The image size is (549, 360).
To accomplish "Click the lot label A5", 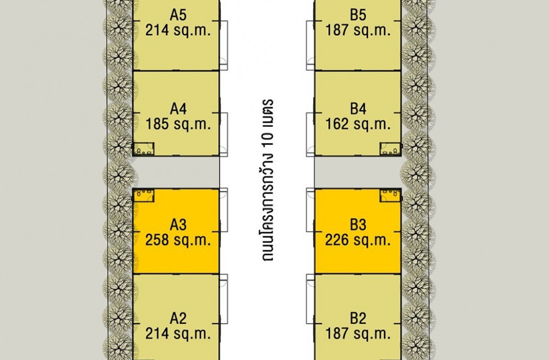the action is point(178,15).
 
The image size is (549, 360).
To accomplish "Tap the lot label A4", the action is point(178,109).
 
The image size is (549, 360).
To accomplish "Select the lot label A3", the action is point(178,224).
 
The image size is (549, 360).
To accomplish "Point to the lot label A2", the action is point(178,318).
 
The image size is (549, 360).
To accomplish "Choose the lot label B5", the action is point(358,15).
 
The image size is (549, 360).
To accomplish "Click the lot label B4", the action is point(358,109).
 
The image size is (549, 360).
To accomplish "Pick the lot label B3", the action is point(358,224).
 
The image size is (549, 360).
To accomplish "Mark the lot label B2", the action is point(358,318).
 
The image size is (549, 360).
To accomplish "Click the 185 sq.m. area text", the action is point(178,124).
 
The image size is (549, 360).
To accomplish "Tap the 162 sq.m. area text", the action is point(358,124).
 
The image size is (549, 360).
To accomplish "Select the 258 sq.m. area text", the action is point(178,240).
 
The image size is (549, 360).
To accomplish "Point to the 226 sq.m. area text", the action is point(358,240).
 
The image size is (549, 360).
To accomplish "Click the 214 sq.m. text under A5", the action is point(178,30).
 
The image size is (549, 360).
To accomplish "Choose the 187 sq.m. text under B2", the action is point(358,334).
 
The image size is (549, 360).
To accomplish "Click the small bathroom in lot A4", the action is point(144,149).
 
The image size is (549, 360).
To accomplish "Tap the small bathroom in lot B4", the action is point(390,149).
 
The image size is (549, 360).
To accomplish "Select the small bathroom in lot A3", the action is point(143,195).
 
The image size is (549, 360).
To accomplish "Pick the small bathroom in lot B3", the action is point(390,195).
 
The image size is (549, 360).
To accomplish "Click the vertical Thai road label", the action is point(268,180).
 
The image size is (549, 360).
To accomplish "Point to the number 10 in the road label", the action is point(268,139).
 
